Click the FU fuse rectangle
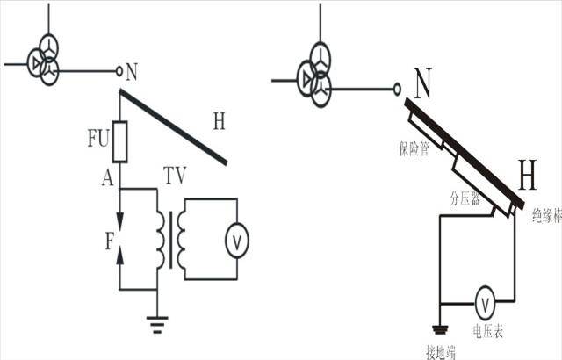pos(119,142)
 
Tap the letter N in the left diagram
pos(132,72)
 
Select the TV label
pos(176,175)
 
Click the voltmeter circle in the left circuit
pos(236,241)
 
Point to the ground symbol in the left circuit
pos(157,325)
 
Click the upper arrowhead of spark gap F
pos(119,220)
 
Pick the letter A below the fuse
pos(107,177)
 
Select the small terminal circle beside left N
pos(119,71)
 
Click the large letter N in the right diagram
pos(423,83)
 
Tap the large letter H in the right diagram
pos(527,175)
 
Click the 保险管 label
pos(414,148)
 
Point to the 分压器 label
pos(465,198)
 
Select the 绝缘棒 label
pos(547,216)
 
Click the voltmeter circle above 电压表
pos(485,303)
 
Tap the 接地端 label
pos(441,352)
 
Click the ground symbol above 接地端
pos(440,329)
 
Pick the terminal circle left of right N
pos(397,89)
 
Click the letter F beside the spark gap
pos(110,241)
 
